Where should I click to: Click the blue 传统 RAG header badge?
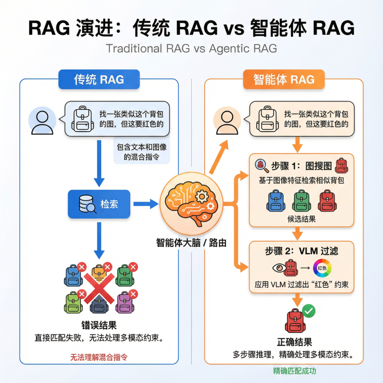pos(99,79)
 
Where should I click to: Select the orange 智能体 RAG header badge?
pos(284,79)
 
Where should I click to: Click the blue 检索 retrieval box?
pos(99,204)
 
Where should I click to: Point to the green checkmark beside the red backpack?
pos(309,311)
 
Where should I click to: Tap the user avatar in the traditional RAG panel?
pos(42,122)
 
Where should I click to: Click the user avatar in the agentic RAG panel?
pos(227,122)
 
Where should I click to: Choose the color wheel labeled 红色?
pos(322,268)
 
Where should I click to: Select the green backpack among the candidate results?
pos(301,201)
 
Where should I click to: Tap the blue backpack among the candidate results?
pos(276,201)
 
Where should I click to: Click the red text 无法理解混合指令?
pos(99,357)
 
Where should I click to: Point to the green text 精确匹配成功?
pos(294,371)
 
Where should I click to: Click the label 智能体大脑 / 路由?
pos(191,243)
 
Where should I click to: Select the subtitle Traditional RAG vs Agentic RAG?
pos(191,48)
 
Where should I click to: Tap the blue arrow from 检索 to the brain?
pos(145,204)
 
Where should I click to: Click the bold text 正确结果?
pos(294,342)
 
